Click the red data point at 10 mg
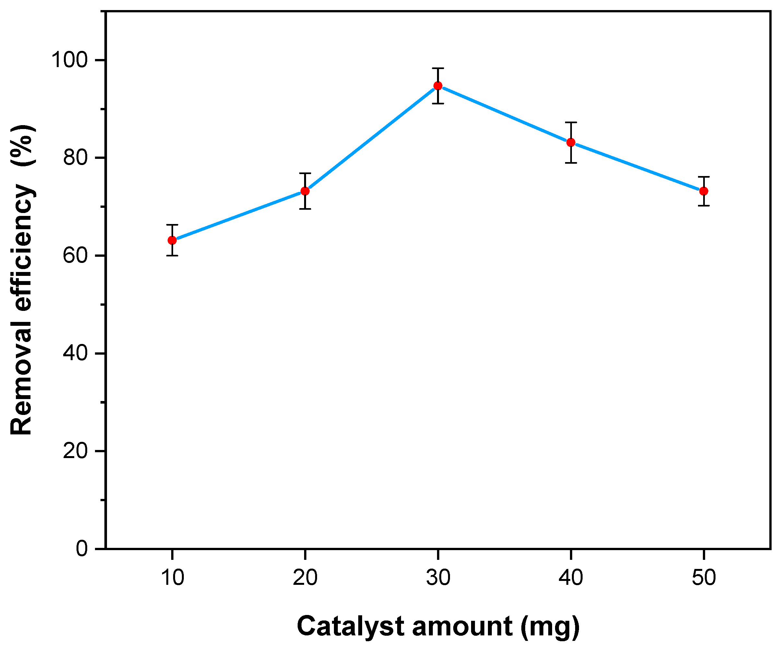(172, 240)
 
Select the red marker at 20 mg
(305, 191)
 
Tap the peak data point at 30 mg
(438, 86)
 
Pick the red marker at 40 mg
(571, 142)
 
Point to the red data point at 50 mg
(704, 191)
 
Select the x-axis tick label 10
(172, 578)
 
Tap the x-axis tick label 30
(438, 578)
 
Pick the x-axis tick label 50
(704, 578)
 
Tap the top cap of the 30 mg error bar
(438, 68)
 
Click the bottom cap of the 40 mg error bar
(571, 163)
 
